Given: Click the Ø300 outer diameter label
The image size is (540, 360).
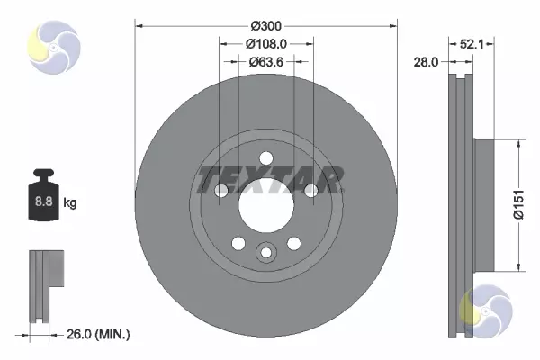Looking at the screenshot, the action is pos(265,26).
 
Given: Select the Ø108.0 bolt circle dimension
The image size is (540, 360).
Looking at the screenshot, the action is pos(265,44).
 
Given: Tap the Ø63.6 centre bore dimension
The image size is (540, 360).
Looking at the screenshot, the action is pos(265,62).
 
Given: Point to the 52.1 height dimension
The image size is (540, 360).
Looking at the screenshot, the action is pos(472,44).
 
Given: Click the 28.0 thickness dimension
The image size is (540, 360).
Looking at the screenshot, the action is pos(426,62).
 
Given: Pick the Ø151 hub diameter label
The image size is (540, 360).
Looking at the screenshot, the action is pos(518,204).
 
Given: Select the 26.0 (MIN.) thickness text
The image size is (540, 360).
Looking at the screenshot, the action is pos(98,334).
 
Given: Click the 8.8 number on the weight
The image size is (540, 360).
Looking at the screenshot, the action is pos(44,201).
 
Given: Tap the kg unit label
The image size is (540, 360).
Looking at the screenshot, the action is pos(70,202).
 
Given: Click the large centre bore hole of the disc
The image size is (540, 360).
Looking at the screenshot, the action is pos(266,206).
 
